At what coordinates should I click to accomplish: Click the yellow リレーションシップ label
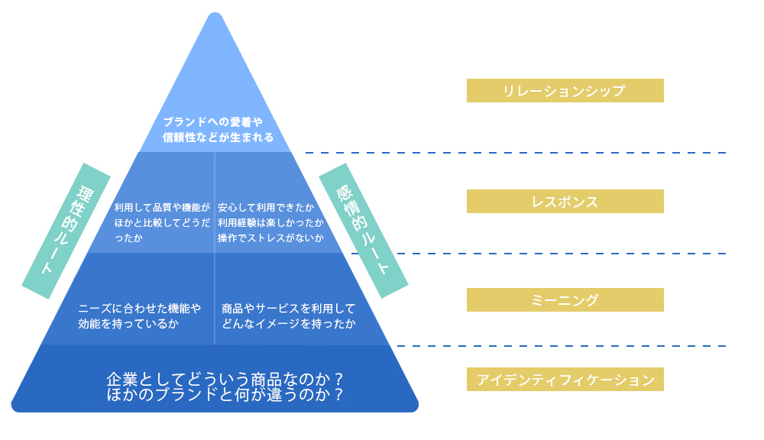[565, 91]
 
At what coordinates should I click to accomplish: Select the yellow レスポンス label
[565, 202]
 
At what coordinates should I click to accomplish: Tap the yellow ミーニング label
[565, 300]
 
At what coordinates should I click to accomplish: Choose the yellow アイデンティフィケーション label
[565, 380]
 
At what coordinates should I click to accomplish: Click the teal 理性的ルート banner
[66, 231]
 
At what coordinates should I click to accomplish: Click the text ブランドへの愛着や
[212, 121]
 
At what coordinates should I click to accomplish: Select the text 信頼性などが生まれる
[218, 137]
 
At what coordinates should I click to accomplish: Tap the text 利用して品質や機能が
[162, 207]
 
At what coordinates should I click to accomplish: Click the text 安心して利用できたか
[265, 207]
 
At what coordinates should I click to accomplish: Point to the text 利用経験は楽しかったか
[270, 222]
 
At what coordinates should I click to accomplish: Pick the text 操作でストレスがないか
[270, 238]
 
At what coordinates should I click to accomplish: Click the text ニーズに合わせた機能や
[139, 309]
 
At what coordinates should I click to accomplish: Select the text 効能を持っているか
[128, 324]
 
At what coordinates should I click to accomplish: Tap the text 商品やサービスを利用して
[288, 309]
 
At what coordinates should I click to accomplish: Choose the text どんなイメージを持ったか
[288, 324]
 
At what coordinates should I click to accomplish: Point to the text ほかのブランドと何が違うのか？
[225, 395]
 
